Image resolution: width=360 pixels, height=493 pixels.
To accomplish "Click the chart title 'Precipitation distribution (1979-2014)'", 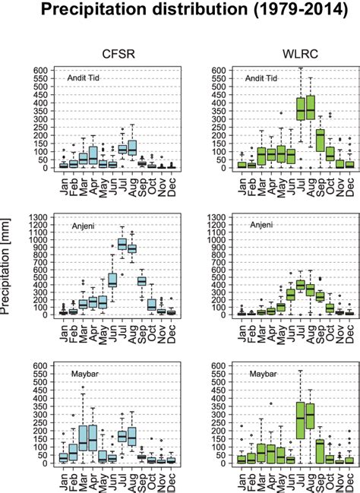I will pos(180,11).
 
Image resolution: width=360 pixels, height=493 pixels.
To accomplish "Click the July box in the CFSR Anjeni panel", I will pos(122,244).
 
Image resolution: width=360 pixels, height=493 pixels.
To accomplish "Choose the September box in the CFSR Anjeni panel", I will pos(141,280).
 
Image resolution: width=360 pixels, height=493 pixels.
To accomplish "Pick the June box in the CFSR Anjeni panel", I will pos(112,280).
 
